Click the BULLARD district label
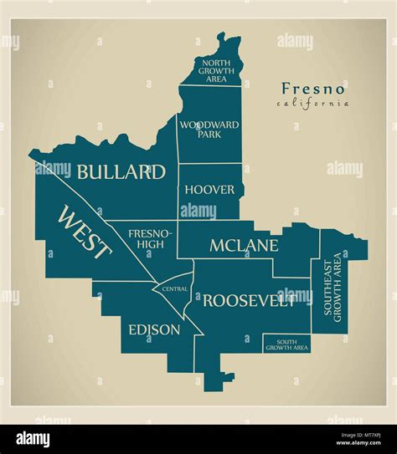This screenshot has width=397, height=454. [121, 172]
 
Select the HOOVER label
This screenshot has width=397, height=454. [209, 190]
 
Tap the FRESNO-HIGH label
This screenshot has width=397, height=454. [151, 239]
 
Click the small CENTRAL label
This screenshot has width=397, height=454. [175, 288]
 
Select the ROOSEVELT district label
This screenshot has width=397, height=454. [249, 300]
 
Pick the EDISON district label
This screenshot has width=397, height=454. [153, 329]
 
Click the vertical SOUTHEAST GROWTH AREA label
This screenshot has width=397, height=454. [333, 287]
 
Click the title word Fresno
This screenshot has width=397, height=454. [313, 89]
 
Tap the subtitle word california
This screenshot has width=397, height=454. [312, 104]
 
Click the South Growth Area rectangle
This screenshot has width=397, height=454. [287, 344]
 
